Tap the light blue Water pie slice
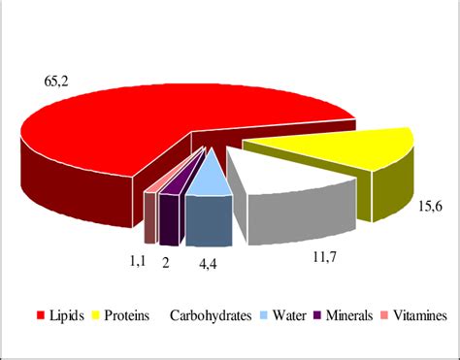pos(206,177)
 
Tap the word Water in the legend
pos(293,315)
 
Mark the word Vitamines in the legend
pos(420,315)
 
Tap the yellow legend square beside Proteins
pos(96,315)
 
